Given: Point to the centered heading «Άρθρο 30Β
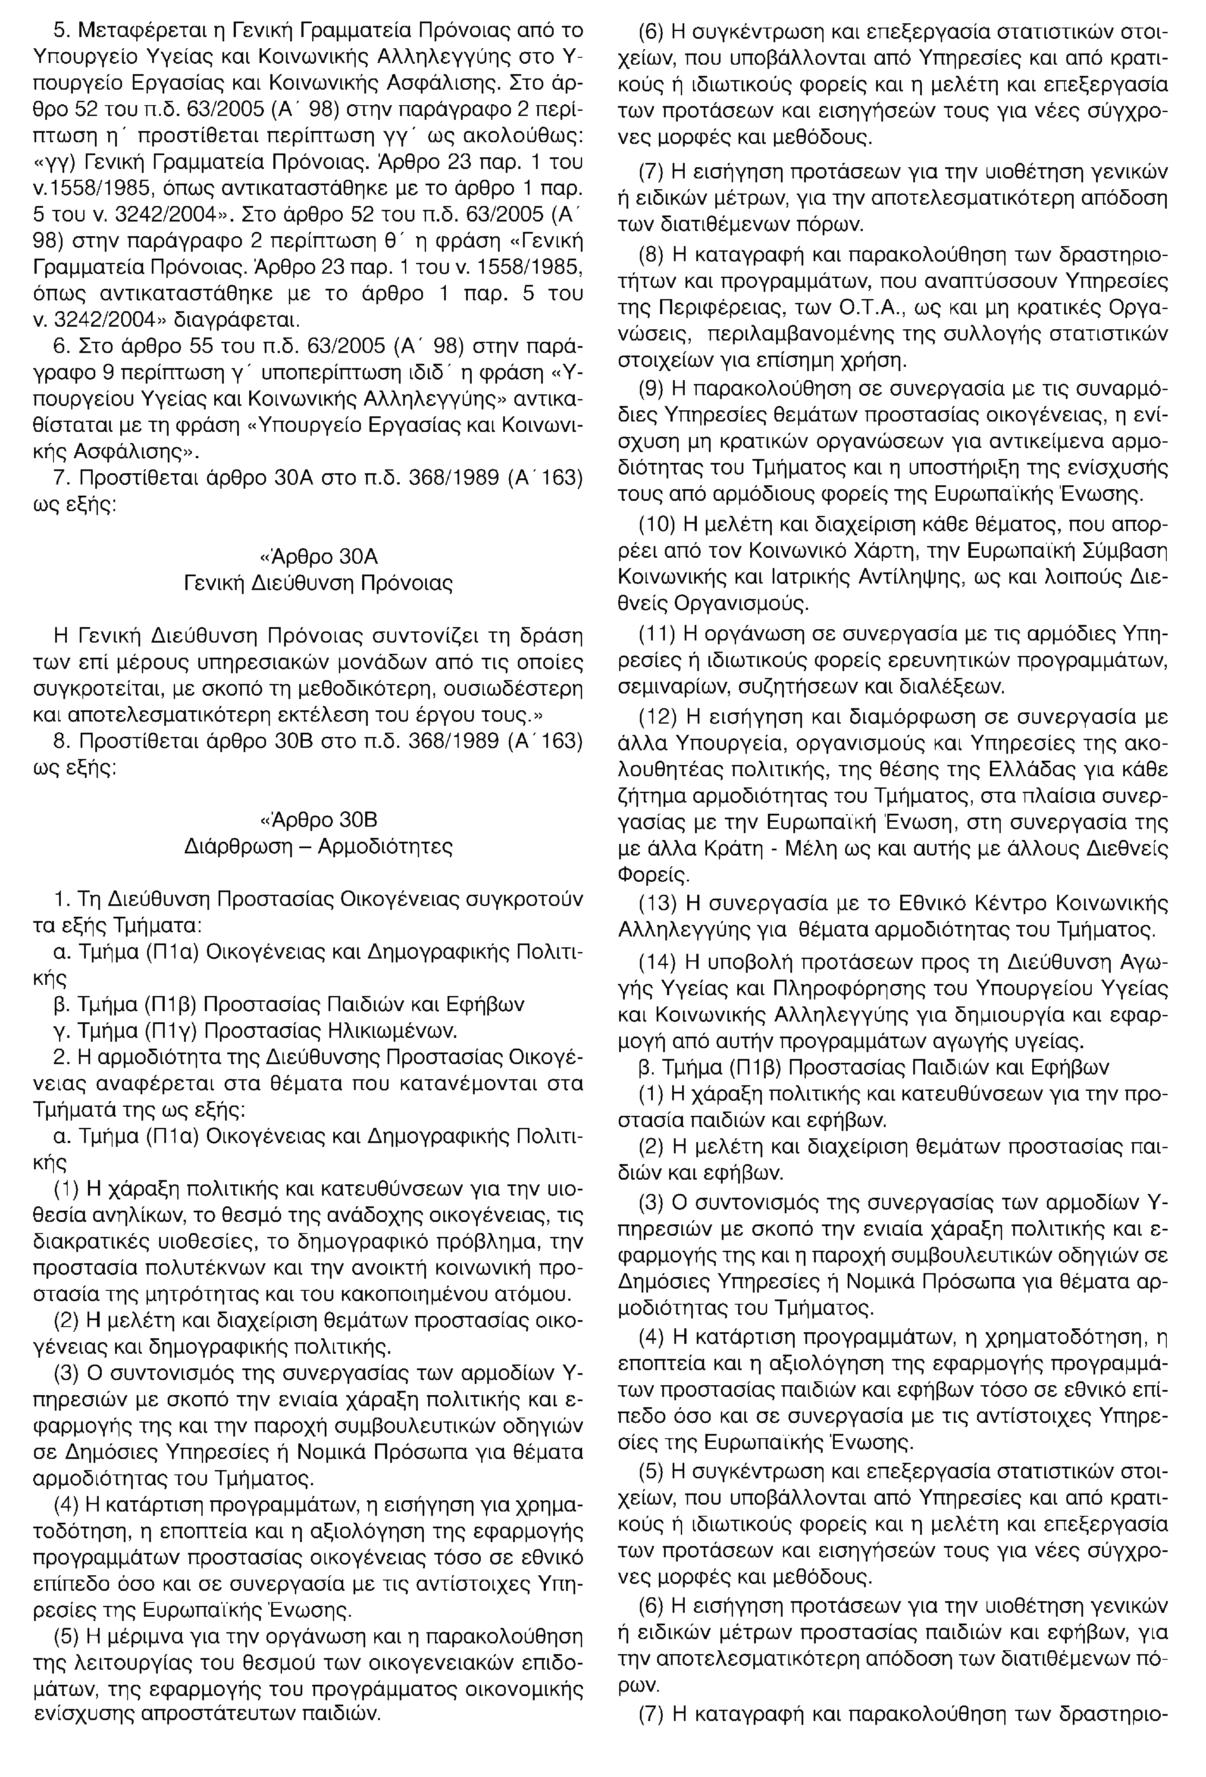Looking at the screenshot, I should click(x=319, y=820).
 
